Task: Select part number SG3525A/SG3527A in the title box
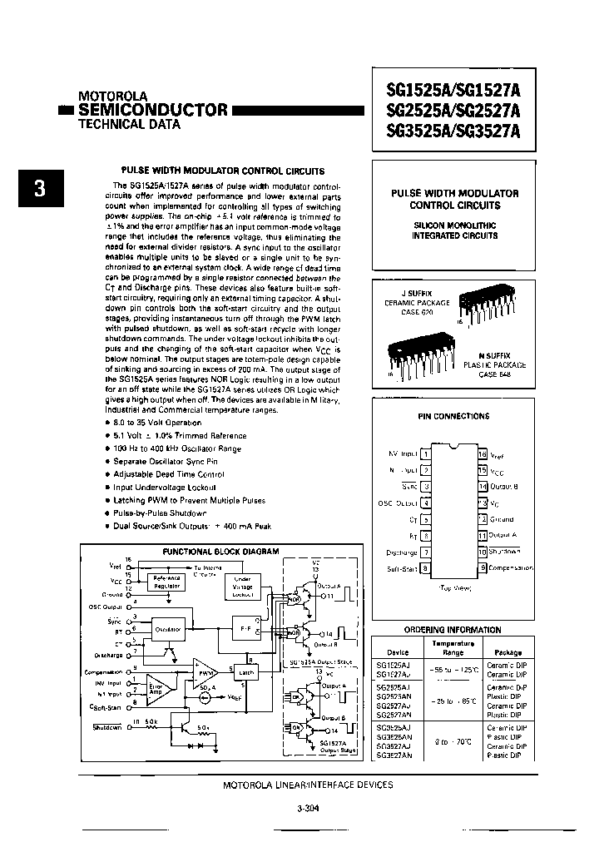[x=453, y=131]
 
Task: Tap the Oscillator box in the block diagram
[x=168, y=630]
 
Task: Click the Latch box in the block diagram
[x=246, y=672]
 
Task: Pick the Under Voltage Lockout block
[x=243, y=587]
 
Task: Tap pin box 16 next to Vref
[x=482, y=454]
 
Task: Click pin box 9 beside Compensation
[x=482, y=567]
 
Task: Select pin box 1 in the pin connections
[x=425, y=454]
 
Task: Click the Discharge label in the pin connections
[x=402, y=552]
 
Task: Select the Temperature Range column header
[x=453, y=647]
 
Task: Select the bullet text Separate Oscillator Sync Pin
[x=166, y=461]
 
